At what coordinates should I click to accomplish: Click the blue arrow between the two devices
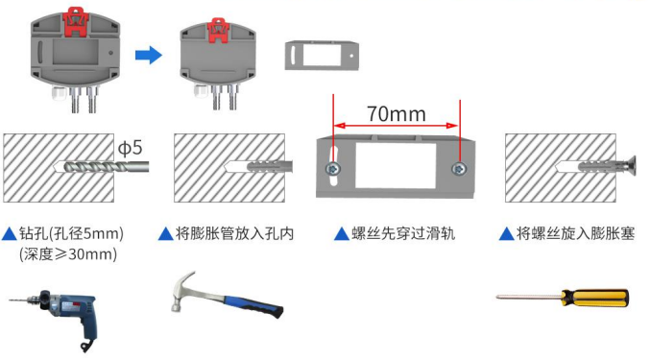(x=149, y=55)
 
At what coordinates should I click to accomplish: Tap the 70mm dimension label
(x=396, y=114)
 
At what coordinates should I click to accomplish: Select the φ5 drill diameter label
(x=131, y=148)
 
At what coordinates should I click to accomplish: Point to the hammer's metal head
(x=182, y=290)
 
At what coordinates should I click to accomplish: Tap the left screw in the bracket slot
(x=333, y=169)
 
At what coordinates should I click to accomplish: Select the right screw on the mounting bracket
(x=459, y=169)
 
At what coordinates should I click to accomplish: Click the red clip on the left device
(x=75, y=21)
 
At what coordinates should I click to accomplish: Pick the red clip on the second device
(x=218, y=31)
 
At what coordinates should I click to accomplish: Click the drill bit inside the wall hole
(x=107, y=167)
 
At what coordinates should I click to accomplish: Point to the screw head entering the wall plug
(x=630, y=166)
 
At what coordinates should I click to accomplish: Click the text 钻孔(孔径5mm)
(x=71, y=233)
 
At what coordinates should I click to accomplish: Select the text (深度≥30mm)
(x=68, y=254)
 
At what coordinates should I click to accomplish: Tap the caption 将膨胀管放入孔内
(x=234, y=233)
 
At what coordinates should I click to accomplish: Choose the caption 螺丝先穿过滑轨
(x=403, y=233)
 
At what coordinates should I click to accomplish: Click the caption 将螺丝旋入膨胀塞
(x=575, y=233)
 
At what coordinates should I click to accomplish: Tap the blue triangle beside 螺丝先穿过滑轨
(x=342, y=234)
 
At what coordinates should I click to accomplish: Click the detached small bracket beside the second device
(x=322, y=55)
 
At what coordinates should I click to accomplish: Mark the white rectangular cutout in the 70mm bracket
(x=396, y=166)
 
